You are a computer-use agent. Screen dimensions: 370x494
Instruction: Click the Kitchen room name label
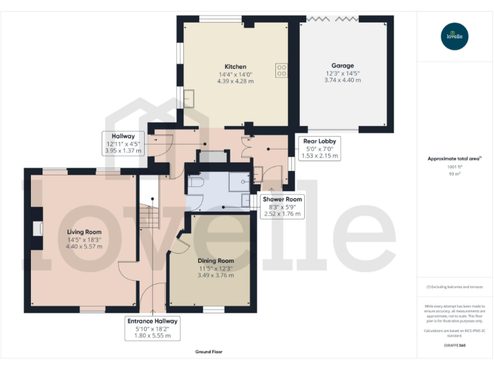pos(235,67)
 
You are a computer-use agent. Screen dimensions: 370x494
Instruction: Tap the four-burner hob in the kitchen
pos(282,70)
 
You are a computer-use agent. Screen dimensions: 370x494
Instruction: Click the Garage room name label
pos(342,66)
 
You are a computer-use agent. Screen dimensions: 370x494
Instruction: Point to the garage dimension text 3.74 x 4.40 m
pos(342,80)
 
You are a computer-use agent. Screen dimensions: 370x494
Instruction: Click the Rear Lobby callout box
pos(320,148)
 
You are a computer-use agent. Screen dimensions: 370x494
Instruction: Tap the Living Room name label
pos(84,232)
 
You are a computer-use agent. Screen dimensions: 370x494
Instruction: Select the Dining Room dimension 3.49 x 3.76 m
pos(216,276)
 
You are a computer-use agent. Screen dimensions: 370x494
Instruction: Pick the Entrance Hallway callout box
pos(152,328)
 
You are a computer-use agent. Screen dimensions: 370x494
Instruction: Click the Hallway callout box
pos(123,143)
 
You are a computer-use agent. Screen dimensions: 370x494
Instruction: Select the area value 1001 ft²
pos(455,166)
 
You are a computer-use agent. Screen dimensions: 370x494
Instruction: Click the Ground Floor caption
pos(209,352)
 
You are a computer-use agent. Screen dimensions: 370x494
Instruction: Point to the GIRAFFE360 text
pos(454,346)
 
